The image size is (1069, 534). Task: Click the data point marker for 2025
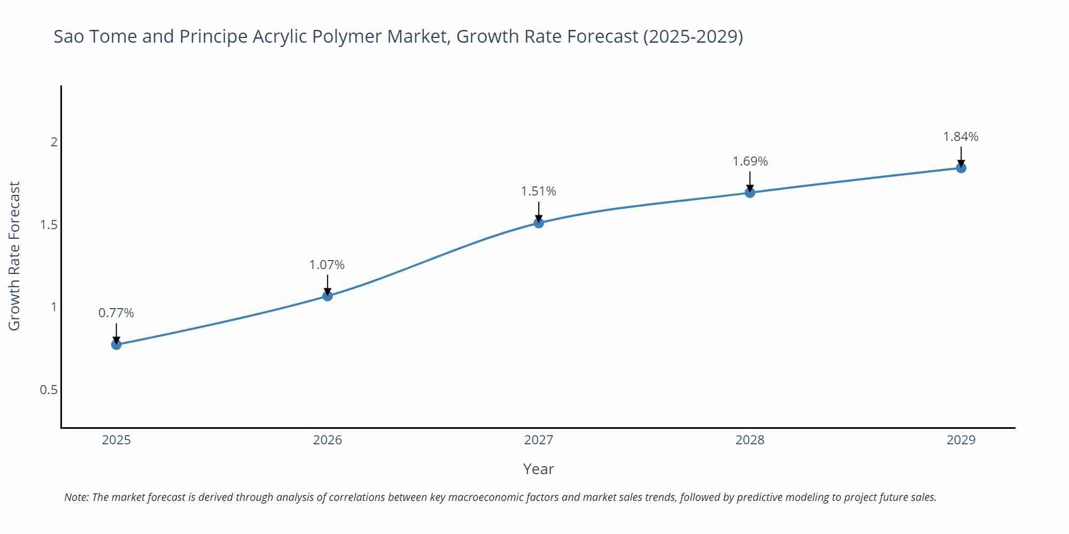[x=116, y=344]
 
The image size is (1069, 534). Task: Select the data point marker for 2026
[x=328, y=296]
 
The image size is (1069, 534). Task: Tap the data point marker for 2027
[x=539, y=223]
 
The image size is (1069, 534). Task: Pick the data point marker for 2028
[x=750, y=193]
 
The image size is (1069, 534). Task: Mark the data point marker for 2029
[x=961, y=168]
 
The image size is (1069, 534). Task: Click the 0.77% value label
[x=116, y=313]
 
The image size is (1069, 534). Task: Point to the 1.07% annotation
[x=327, y=265]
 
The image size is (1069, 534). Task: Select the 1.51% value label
[x=539, y=191]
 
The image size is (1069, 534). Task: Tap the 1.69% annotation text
[x=750, y=161]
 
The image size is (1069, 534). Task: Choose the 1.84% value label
[x=960, y=137]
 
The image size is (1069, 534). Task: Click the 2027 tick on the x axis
[x=539, y=440]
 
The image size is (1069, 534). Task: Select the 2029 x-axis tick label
[x=961, y=440]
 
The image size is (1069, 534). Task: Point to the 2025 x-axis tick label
[x=116, y=440]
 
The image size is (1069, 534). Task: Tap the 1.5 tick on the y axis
[x=49, y=225]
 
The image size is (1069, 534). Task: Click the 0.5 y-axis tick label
[x=49, y=390]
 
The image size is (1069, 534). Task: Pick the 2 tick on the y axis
[x=53, y=142]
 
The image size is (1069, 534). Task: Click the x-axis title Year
[x=538, y=469]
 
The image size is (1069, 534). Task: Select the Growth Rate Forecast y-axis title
[x=14, y=256]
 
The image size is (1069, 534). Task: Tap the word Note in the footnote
[x=76, y=497]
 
